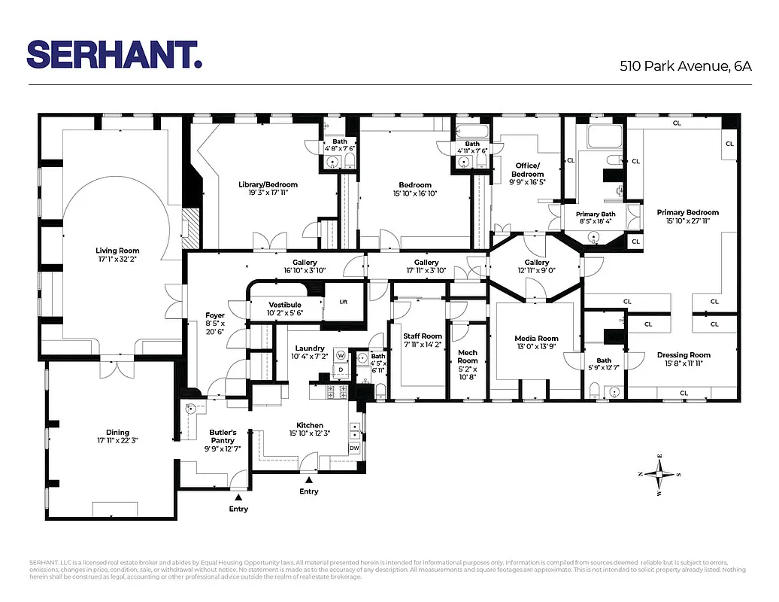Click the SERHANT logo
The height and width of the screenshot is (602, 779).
114,54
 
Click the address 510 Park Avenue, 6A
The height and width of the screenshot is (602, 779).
685,66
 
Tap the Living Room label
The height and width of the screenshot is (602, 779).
117,251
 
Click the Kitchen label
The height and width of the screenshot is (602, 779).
310,425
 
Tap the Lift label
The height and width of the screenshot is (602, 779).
343,302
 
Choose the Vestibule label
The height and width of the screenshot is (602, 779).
284,305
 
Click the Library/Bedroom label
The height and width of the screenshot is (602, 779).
268,184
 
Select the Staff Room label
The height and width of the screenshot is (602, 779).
422,336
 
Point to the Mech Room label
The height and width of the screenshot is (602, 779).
468,356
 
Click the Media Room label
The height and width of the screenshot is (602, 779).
537,339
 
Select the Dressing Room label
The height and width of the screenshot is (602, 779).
684,354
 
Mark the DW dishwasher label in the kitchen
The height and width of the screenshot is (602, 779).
355,448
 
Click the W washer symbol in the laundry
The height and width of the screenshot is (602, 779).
341,355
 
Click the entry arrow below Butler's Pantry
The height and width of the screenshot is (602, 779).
238,497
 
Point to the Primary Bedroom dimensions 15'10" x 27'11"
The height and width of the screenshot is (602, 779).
687,220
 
